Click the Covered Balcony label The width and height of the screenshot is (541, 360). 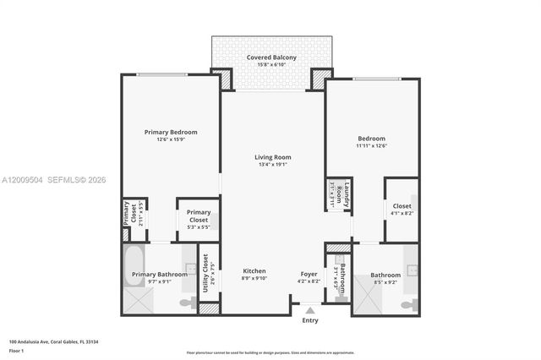(270, 57)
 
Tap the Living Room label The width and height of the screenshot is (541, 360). (272, 157)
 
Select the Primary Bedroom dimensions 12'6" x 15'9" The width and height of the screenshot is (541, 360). (171, 140)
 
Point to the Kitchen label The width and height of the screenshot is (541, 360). (254, 271)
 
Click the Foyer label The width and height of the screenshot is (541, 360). (309, 274)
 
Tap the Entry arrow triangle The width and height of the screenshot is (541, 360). (310, 310)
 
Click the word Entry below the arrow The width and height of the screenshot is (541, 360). (310, 320)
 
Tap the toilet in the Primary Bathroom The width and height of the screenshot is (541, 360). (188, 302)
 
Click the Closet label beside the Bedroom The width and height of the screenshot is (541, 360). (402, 205)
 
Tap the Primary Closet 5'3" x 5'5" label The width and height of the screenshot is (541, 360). (199, 216)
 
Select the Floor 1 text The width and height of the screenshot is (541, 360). (17, 350)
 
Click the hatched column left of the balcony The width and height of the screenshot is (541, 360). (222, 79)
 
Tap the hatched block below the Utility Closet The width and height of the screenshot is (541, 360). (209, 308)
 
